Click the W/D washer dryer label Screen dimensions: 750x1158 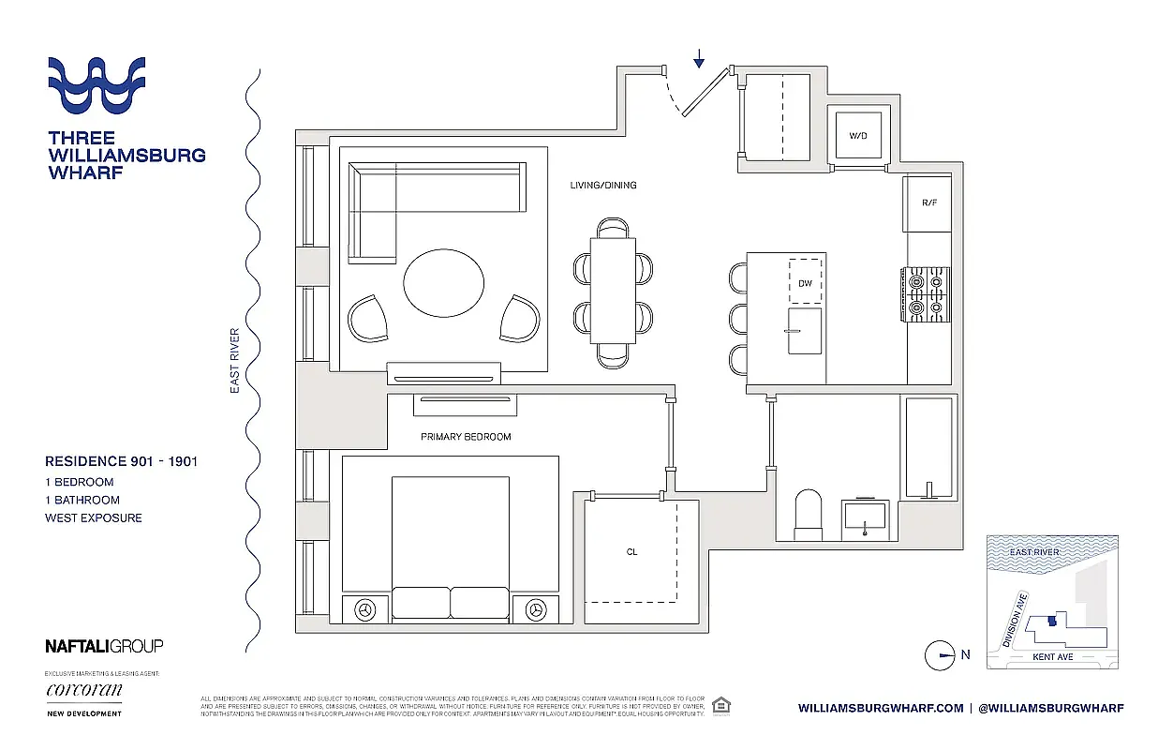(x=858, y=136)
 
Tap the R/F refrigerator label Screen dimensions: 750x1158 (x=929, y=202)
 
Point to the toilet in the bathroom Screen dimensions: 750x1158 (x=808, y=515)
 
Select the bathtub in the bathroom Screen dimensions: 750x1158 (x=928, y=448)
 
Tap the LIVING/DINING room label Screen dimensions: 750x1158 (x=603, y=186)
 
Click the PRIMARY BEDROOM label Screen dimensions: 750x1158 (x=466, y=437)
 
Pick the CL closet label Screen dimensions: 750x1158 (x=632, y=552)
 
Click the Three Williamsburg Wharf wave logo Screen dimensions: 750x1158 (x=96, y=85)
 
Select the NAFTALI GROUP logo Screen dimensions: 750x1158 (x=104, y=645)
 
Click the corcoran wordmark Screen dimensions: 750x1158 (x=83, y=691)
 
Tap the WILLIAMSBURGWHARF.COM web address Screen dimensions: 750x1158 (x=880, y=709)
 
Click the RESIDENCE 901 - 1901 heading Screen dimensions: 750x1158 (x=121, y=461)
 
